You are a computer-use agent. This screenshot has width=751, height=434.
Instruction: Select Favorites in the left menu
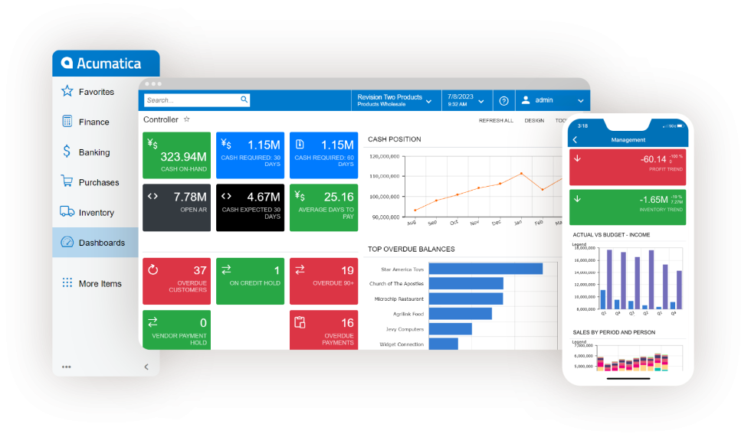[x=96, y=92]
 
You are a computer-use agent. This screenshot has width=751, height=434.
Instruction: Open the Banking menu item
[x=93, y=152]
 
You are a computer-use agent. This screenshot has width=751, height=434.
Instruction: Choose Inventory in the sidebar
[x=96, y=213]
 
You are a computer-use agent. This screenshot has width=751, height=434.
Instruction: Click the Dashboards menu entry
[x=101, y=243]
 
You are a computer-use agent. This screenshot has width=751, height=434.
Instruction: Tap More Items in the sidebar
[x=100, y=284]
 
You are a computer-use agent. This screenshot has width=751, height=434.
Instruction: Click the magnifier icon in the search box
[x=244, y=100]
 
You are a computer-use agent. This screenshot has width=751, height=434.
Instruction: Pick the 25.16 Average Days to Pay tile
[x=322, y=207]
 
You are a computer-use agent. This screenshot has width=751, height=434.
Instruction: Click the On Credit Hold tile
[x=249, y=281]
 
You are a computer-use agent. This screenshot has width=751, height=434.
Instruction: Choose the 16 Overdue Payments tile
[x=322, y=330]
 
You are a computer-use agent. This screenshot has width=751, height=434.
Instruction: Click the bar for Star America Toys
[x=485, y=269]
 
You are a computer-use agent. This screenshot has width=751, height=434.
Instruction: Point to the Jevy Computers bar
[x=450, y=329]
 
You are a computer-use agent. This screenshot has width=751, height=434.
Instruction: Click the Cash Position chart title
[x=395, y=139]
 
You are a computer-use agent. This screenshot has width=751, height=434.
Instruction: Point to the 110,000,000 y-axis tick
[x=384, y=176]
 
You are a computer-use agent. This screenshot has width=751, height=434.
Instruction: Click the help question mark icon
[x=503, y=100]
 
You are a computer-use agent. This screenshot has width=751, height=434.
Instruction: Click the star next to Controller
[x=186, y=119]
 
